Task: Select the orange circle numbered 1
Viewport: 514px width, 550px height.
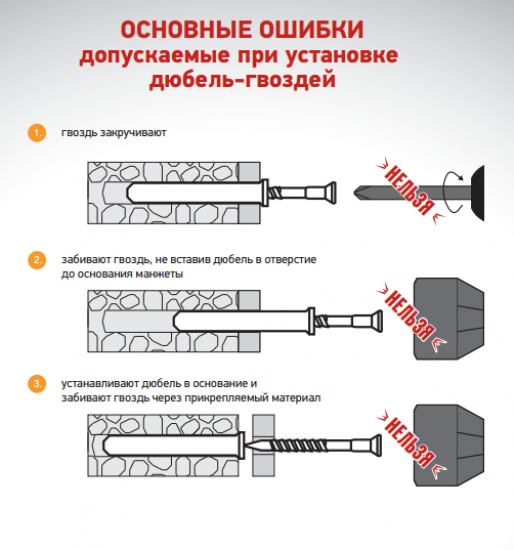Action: pyautogui.click(x=37, y=133)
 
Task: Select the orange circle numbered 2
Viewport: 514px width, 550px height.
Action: pyautogui.click(x=37, y=260)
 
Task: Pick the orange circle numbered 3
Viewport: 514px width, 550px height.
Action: pyautogui.click(x=37, y=383)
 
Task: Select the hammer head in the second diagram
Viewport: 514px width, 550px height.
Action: pyautogui.click(x=448, y=319)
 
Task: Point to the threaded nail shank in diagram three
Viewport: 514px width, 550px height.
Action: pyautogui.click(x=300, y=442)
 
